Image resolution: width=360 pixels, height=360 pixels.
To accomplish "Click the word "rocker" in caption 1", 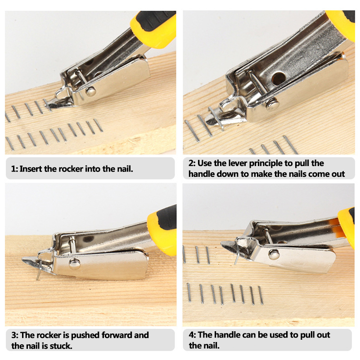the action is click(71, 169).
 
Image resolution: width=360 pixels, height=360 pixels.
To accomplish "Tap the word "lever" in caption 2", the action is click(235, 163).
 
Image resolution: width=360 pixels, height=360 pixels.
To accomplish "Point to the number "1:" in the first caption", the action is click(14, 169).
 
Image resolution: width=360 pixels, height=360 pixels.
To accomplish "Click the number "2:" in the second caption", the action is click(192, 163).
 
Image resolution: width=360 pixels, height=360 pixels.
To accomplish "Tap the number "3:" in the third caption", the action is click(15, 335).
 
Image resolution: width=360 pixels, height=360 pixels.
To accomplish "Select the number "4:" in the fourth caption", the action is click(193, 335).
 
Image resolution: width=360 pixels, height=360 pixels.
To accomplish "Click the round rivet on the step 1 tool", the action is click(91, 91).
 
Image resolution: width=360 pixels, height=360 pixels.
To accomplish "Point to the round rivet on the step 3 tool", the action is click(75, 263).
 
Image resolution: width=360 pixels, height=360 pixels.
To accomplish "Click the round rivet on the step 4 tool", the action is click(274, 254).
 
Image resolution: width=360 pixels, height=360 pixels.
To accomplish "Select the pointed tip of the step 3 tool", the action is click(22, 260).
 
